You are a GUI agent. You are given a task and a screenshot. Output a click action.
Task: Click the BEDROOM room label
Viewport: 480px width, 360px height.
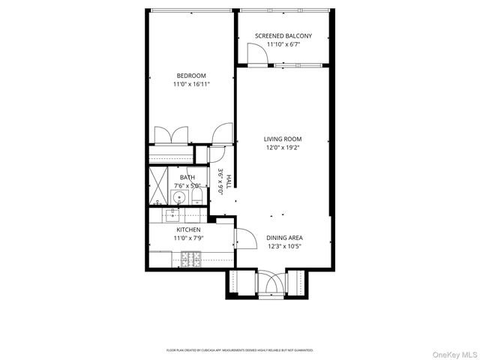point(191,75)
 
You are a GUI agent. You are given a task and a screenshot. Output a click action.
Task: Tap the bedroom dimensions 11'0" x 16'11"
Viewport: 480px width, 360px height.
point(191,84)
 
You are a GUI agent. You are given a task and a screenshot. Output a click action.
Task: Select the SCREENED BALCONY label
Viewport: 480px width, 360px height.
point(283,35)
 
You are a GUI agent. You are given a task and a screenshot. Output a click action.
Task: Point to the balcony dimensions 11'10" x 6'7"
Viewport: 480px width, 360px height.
point(283,44)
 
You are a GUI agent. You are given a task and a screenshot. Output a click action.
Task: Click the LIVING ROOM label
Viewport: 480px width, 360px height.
point(282,139)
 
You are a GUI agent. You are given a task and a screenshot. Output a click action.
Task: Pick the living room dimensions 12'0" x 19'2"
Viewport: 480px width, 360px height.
point(282,148)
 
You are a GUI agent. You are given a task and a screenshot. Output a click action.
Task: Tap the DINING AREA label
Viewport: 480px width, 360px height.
point(284,238)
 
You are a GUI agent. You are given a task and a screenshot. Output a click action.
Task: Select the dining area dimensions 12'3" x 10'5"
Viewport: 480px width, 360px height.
point(284,247)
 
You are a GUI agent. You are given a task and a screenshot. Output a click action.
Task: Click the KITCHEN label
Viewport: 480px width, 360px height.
point(188,229)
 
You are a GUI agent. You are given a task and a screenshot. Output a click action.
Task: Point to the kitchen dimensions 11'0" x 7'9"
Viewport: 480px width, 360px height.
point(188,238)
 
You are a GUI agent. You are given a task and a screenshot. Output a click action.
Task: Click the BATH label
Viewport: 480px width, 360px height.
point(187,177)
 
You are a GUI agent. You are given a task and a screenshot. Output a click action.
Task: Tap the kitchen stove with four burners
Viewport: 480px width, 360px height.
point(190,259)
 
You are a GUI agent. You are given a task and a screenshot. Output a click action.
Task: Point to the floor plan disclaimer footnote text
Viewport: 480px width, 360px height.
point(240,350)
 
